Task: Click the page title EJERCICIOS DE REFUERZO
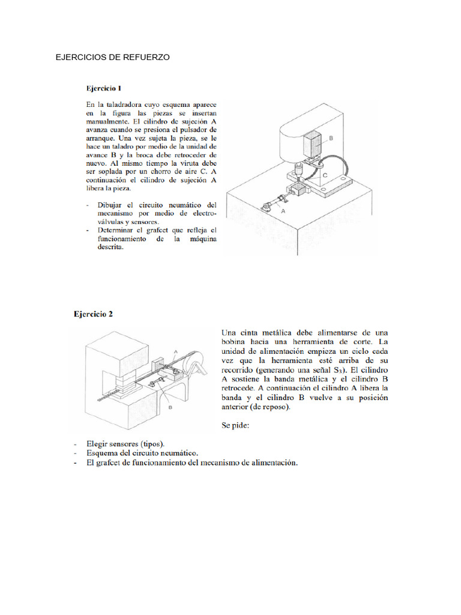pyautogui.click(x=112, y=58)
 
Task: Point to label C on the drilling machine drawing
pyautogui.click(x=324, y=176)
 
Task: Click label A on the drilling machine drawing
pyautogui.click(x=283, y=211)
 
